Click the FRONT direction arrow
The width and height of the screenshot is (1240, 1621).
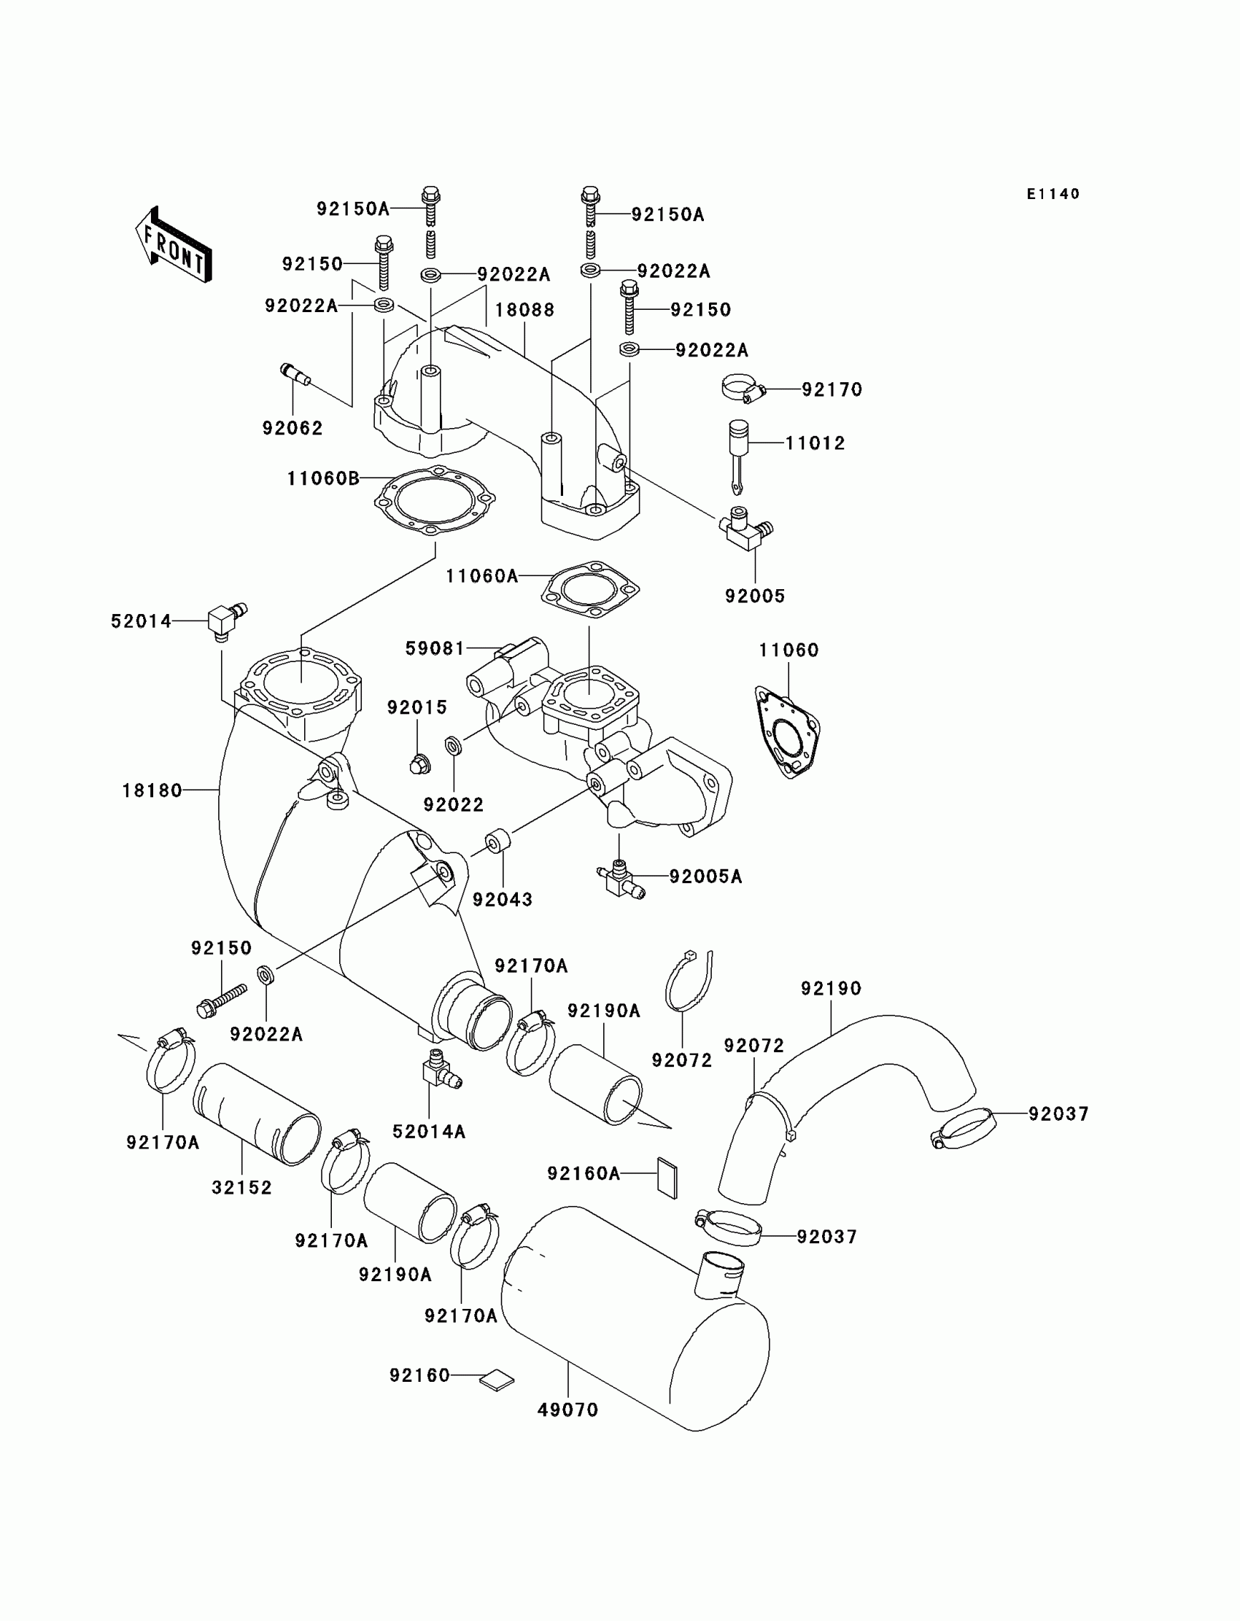174,244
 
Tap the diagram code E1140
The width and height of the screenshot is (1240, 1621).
1053,194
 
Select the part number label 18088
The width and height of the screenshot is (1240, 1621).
524,310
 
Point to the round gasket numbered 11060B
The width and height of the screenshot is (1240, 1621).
434,501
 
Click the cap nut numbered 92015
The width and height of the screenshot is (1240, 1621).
419,765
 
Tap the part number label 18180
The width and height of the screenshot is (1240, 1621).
152,791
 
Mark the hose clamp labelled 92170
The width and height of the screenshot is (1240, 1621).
743,389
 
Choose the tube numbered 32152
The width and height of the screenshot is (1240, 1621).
257,1113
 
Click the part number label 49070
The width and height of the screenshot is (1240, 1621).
567,1410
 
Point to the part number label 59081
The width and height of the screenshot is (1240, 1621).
435,648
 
